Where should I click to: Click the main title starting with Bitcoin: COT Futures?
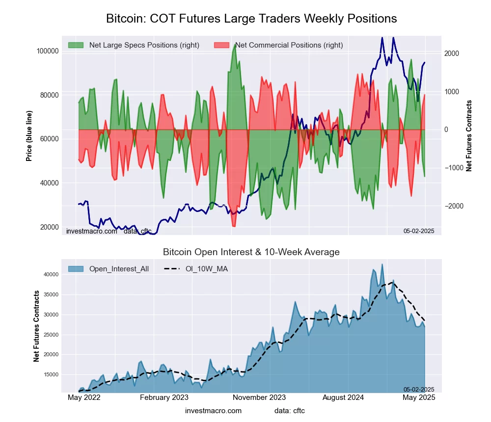(251, 19)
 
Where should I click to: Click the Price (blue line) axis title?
(29, 136)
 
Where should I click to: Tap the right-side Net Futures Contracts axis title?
(469, 136)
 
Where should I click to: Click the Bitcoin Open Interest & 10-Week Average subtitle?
(251, 252)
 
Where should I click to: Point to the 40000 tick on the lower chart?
(52, 275)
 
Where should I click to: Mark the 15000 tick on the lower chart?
(52, 374)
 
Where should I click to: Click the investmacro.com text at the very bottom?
(213, 411)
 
